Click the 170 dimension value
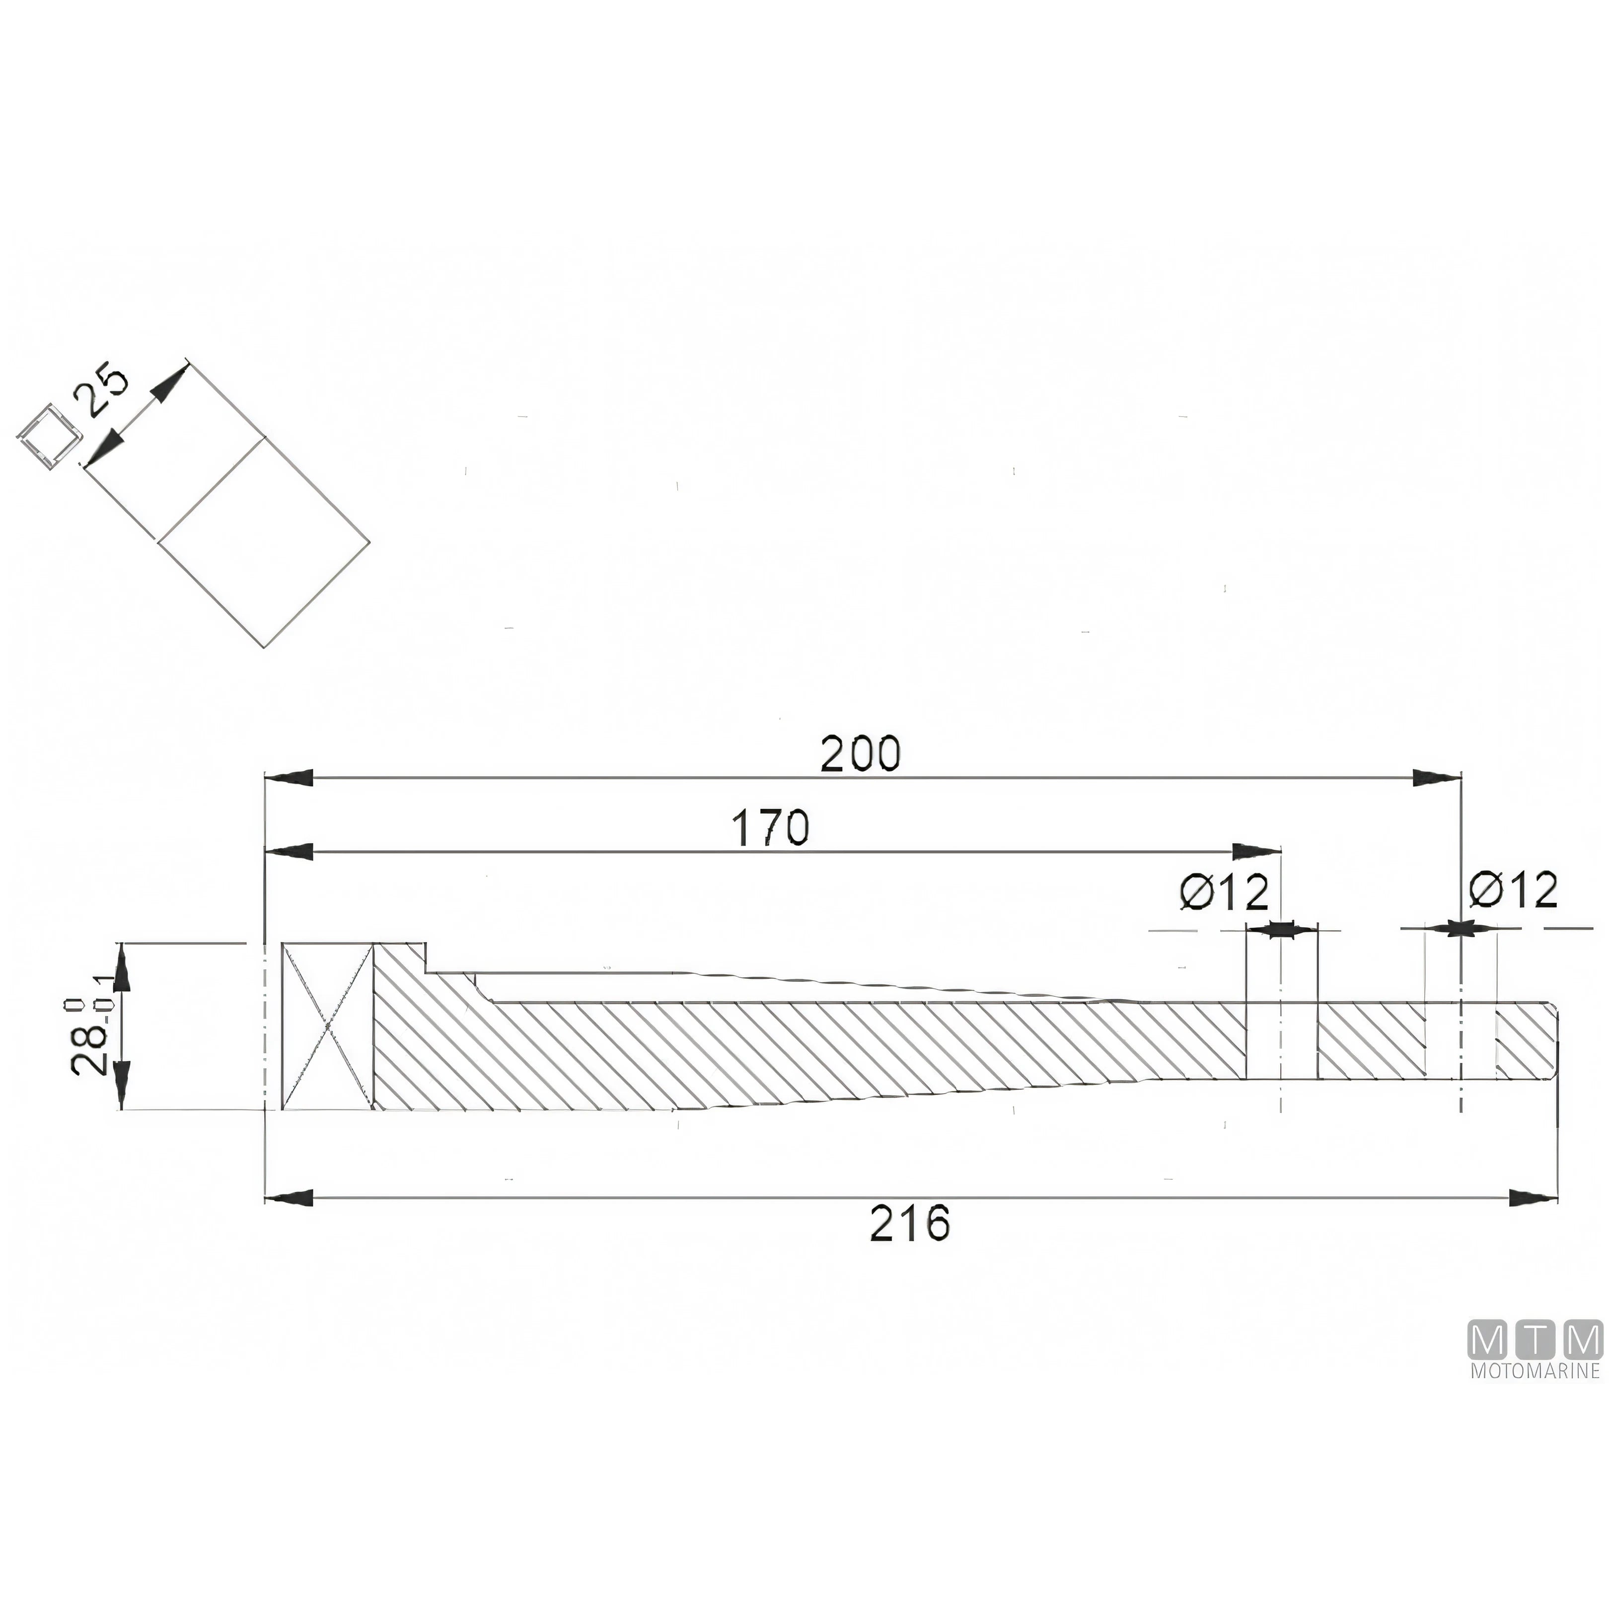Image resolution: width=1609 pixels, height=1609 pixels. pos(770,828)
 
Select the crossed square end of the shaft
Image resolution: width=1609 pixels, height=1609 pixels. pos(328,1026)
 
